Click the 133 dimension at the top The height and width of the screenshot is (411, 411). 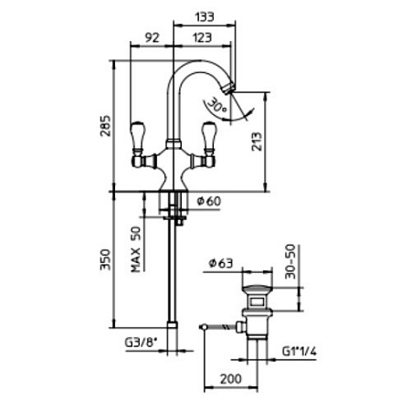pos(205,16)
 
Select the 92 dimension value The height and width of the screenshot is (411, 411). pos(152,37)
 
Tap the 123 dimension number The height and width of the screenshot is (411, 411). pos(202,37)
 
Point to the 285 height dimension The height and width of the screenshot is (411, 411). pos(106,126)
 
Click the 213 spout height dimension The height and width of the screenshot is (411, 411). pos(257,142)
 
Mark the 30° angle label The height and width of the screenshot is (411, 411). pos(217,106)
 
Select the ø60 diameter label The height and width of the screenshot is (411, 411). pos(209,201)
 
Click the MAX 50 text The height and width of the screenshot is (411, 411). pos(136,249)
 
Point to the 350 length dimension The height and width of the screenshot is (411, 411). pos(106,259)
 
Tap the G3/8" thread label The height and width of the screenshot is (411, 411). pos(141,342)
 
